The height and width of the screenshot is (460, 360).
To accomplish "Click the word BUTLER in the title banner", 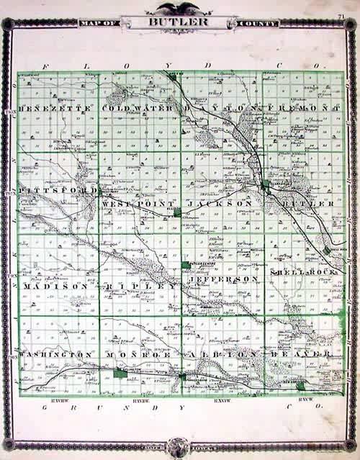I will [x=179, y=22].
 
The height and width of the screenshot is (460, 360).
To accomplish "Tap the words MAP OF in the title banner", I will [x=101, y=23].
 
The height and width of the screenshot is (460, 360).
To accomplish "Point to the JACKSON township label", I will [x=220, y=204].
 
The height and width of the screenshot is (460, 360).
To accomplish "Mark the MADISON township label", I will [x=55, y=287].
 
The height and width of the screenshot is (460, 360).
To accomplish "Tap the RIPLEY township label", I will [x=140, y=287].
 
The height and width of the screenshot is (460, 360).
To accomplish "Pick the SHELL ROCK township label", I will [x=302, y=274].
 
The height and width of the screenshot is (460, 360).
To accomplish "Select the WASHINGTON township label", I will [x=55, y=355].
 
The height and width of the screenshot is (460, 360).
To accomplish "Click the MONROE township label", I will [x=138, y=356].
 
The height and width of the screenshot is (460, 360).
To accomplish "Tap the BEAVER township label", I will [x=302, y=355].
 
